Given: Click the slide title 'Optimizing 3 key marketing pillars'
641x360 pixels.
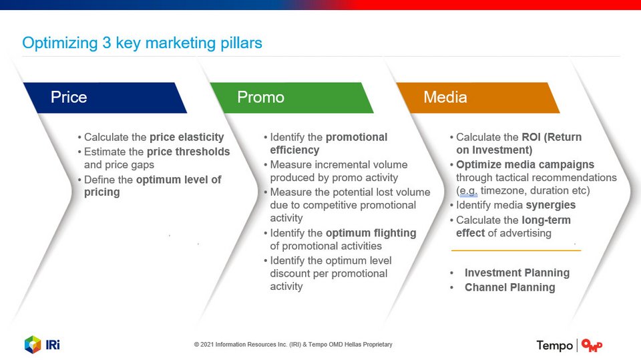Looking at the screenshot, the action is [142, 43].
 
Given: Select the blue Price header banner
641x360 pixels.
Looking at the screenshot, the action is [105, 98].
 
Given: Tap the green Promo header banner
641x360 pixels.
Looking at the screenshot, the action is [292, 98].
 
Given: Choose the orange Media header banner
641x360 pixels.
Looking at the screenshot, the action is [478, 98].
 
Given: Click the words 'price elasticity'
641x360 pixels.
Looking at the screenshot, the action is [187, 137].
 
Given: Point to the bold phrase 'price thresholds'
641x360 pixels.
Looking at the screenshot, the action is [188, 152].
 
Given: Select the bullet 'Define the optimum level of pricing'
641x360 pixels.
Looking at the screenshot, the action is [152, 186].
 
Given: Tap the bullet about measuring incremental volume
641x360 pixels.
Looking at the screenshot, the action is [336, 171].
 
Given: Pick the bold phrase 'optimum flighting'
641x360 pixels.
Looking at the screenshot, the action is [371, 233].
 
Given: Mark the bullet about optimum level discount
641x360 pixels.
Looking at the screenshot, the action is [329, 273].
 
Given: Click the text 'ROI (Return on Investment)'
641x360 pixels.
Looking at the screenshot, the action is [519, 144].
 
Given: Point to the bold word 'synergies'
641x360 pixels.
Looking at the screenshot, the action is [551, 205].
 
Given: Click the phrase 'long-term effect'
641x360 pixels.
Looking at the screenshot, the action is [513, 226].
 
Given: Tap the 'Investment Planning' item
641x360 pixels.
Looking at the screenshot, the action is [517, 273].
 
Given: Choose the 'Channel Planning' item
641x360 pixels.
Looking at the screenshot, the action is [509, 288].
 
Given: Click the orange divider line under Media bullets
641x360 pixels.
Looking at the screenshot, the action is [516, 250].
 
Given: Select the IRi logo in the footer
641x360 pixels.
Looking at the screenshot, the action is [42, 345].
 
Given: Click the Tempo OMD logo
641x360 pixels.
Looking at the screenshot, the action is [570, 346].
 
